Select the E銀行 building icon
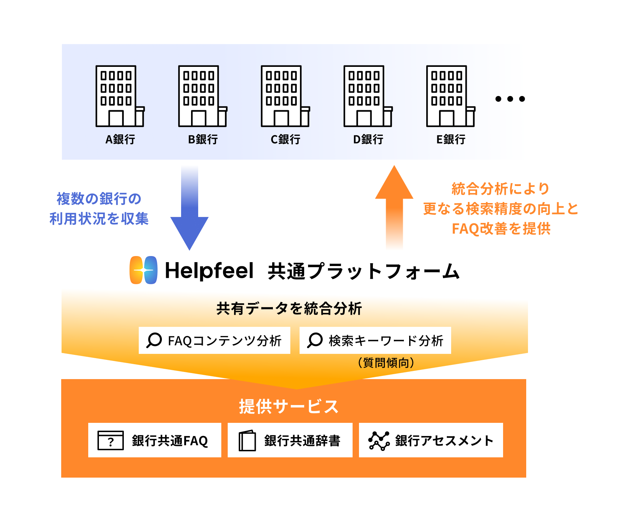point(450,96)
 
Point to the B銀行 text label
point(203,139)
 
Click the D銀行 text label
point(368,139)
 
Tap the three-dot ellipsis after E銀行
point(510,99)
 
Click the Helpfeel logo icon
point(143,270)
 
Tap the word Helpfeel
point(209,271)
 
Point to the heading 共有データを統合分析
point(289,308)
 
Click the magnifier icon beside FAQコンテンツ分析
point(154,340)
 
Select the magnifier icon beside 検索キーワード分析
point(315,340)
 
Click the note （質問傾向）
point(386,363)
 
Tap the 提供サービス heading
point(289,406)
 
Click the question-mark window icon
point(111,440)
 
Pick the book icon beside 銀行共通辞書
point(247,441)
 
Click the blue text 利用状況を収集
point(99,219)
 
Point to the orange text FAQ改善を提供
point(501,229)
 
